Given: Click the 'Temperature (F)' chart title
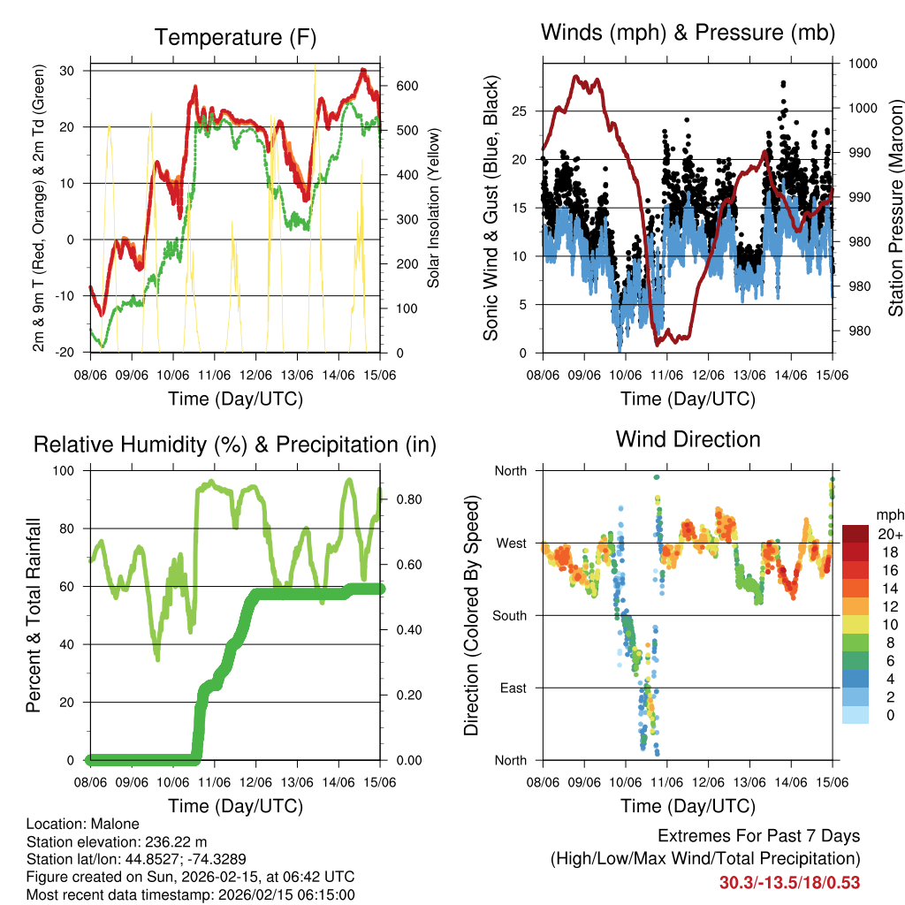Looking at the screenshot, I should [235, 37].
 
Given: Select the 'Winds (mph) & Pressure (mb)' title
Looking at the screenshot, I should [688, 34].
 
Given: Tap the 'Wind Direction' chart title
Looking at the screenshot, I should [688, 439].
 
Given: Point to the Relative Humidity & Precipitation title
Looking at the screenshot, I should [235, 445].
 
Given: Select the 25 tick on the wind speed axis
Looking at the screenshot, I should [522, 111].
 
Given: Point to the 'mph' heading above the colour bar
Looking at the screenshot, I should [888, 514].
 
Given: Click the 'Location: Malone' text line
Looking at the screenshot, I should [83, 824].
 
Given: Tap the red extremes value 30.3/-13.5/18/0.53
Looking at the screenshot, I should [789, 882].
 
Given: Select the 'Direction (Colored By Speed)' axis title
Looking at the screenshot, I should [472, 615].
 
